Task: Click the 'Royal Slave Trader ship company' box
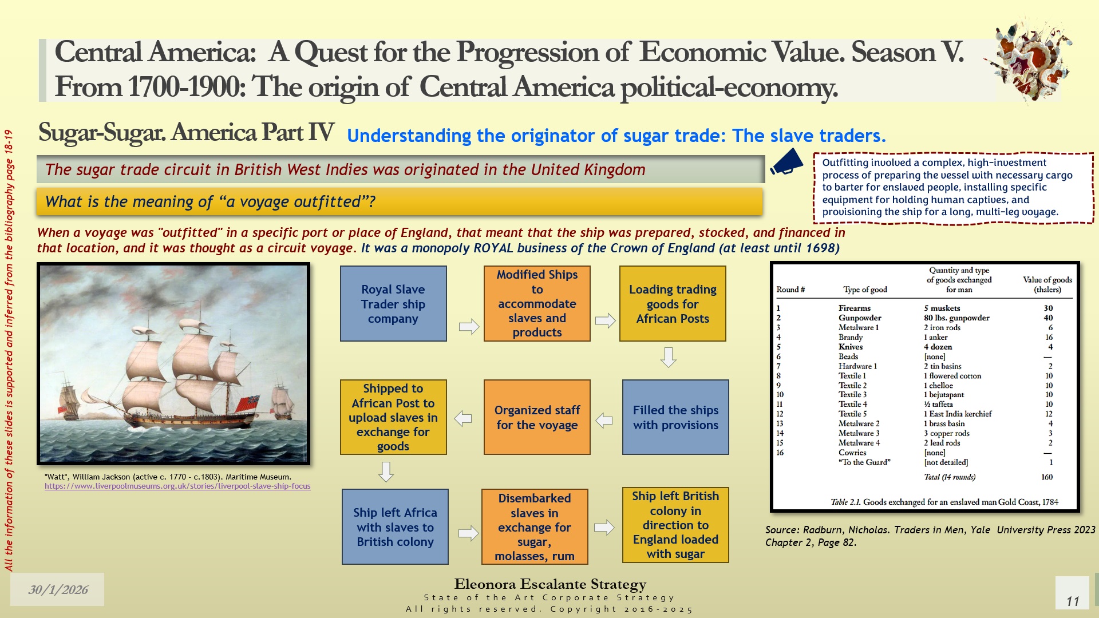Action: pyautogui.click(x=393, y=304)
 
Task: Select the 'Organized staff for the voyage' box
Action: pyautogui.click(x=537, y=417)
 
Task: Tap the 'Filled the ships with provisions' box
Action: pyautogui.click(x=675, y=417)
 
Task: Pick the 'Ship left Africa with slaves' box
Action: pyautogui.click(x=395, y=526)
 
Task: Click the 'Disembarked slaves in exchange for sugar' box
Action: pyautogui.click(x=535, y=526)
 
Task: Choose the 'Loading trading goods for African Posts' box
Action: pyautogui.click(x=673, y=304)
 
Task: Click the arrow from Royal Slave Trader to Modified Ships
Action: pyautogui.click(x=469, y=326)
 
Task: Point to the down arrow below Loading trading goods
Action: pyautogui.click(x=669, y=357)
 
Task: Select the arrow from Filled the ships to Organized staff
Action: pyautogui.click(x=604, y=421)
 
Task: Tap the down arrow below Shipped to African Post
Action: pyautogui.click(x=386, y=472)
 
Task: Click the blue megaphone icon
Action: pyautogui.click(x=786, y=162)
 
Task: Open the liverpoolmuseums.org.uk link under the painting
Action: pyautogui.click(x=177, y=486)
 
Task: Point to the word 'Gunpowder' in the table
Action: pyautogui.click(x=860, y=318)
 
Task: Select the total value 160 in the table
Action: pyautogui.click(x=1047, y=477)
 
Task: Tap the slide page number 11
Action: pyautogui.click(x=1073, y=601)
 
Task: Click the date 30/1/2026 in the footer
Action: pyautogui.click(x=58, y=589)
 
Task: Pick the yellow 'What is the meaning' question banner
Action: pyautogui.click(x=400, y=201)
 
